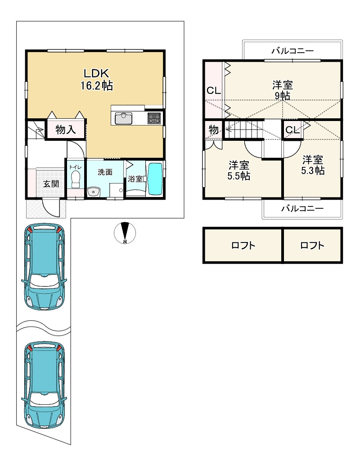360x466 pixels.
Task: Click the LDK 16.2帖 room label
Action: tap(97, 79)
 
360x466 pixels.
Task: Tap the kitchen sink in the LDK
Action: tap(124, 119)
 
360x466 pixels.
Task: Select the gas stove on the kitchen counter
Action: tap(154, 118)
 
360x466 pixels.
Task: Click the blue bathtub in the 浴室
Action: tap(155, 179)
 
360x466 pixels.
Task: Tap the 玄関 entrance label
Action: tap(51, 184)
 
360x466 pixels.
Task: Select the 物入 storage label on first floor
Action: tap(65, 130)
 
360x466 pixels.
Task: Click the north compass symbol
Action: tap(125, 233)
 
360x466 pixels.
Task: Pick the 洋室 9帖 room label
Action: tap(283, 90)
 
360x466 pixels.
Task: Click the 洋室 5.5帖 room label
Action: tap(238, 170)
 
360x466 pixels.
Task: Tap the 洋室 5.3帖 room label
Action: tap(313, 165)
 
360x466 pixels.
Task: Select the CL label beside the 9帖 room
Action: tap(214, 90)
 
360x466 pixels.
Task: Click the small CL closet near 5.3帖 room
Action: tap(292, 130)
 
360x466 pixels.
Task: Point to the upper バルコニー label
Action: tap(292, 51)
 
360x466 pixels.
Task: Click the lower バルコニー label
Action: tap(302, 208)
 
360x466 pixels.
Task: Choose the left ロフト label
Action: tap(243, 246)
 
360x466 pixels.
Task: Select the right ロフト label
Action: tap(312, 246)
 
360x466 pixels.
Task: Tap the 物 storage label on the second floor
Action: tap(213, 130)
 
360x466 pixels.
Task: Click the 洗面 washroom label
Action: tap(105, 172)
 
